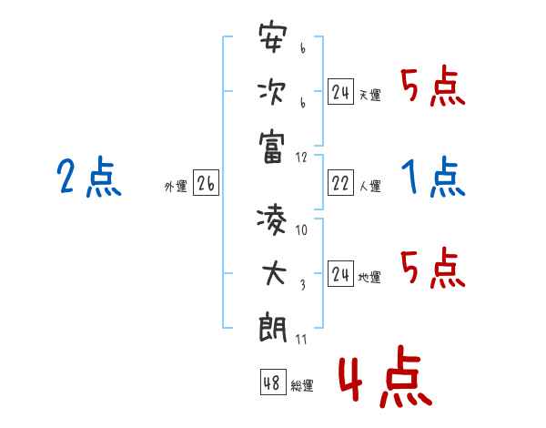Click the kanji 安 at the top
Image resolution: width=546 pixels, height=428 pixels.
273,39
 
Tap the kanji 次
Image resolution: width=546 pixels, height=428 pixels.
273,92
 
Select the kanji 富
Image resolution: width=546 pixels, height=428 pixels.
273,145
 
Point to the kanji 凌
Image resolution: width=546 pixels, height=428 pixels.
273,219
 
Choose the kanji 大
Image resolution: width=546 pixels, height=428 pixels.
273,272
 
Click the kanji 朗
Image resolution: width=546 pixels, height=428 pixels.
273,326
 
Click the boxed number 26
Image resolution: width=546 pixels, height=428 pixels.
206,185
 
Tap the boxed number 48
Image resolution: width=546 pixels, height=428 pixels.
272,382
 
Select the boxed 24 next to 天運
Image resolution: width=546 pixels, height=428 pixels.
340,93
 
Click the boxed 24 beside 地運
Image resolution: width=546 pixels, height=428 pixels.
340,273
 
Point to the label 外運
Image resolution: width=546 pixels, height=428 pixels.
176,187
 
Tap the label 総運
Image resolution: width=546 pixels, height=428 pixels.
302,385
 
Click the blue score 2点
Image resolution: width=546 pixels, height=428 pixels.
89,177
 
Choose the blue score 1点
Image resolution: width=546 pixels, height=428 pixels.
433,177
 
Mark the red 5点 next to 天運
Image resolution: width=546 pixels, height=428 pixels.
433,87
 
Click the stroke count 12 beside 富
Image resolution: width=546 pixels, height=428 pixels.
302,158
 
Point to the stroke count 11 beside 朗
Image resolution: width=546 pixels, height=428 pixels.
301,340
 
